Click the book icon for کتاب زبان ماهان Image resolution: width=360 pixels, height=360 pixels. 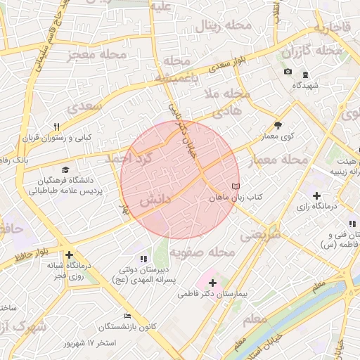(235, 186)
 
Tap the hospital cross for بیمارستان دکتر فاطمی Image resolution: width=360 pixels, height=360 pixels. (213, 283)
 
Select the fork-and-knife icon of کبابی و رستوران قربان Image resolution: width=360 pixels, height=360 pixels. (56, 126)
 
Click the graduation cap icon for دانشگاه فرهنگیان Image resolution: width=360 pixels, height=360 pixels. (65, 169)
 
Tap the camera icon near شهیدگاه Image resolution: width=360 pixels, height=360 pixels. (288, 72)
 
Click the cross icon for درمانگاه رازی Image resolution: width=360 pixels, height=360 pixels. (316, 195)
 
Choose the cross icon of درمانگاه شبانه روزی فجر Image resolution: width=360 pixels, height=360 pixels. (69, 255)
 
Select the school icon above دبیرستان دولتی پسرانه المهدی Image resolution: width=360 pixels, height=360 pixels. (144, 259)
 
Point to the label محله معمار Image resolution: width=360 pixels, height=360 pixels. (279, 161)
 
